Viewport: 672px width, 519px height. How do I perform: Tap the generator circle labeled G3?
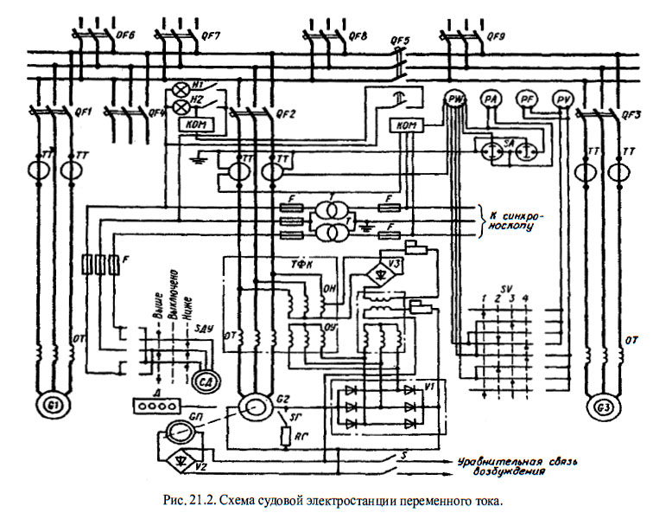click(x=601, y=406)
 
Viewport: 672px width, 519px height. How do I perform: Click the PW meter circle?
click(x=456, y=100)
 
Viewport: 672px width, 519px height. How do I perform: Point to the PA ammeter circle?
click(x=491, y=100)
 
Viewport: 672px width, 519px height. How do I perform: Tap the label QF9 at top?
click(x=496, y=38)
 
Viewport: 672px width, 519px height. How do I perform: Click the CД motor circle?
click(x=206, y=381)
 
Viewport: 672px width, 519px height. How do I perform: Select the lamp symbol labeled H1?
click(x=182, y=89)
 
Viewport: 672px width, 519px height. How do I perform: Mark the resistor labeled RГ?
click(x=285, y=435)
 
